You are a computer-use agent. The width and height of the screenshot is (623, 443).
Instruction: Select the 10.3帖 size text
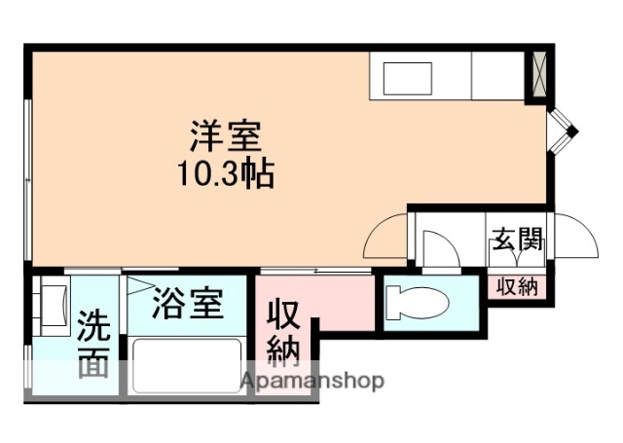(225, 174)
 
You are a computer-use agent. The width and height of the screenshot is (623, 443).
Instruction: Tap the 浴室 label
(188, 305)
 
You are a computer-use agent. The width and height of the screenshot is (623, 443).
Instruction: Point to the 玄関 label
(516, 240)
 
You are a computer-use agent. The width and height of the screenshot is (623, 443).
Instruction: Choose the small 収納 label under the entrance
(517, 286)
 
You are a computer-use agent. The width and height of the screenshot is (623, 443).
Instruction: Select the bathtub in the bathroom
(186, 365)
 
